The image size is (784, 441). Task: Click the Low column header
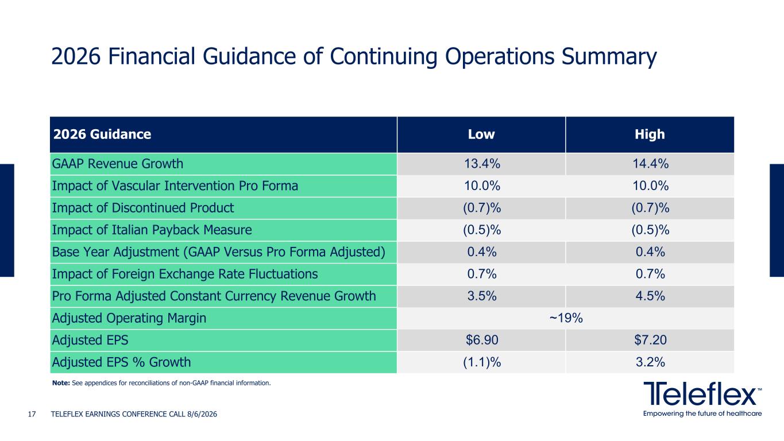pos(481,134)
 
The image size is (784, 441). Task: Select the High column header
pos(650,134)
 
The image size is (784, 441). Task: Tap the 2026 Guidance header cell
pos(102,134)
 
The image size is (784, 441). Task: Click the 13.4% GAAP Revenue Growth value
pos(482,164)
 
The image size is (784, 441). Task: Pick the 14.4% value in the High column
pos(650,164)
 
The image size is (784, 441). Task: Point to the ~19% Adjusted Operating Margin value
pos(566,318)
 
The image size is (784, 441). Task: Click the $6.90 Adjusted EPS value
pos(482,340)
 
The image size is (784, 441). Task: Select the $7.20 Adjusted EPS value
pos(650,340)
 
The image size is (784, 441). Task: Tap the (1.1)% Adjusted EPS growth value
pos(482,362)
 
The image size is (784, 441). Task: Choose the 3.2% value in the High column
pos(650,362)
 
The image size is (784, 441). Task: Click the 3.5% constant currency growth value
pos(482,296)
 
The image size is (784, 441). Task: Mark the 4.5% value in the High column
pos(650,296)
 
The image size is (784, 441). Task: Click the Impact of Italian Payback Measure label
pos(152,230)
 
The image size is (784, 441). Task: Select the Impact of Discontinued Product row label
pos(143,208)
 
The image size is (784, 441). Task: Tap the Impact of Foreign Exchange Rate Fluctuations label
pos(185,274)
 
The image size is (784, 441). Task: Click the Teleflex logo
pos(702,399)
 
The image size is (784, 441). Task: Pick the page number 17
pos(32,415)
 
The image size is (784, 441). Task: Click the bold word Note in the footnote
pos(61,383)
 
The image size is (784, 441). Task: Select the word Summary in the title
pos(609,57)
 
